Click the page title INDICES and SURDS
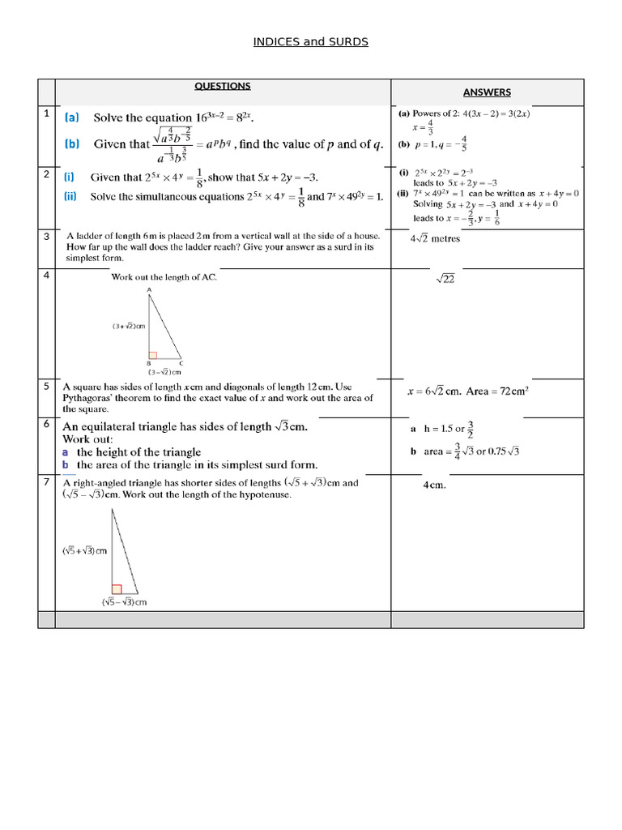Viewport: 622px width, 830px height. tap(311, 41)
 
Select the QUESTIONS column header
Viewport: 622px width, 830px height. tap(223, 86)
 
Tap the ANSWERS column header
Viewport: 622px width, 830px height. tap(487, 92)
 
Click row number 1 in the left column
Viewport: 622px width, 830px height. tap(47, 113)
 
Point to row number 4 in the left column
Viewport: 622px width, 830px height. tap(47, 276)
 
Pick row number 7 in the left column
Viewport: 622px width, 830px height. tap(47, 482)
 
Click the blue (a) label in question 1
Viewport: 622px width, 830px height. tap(72, 118)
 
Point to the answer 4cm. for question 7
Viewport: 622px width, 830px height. tap(435, 486)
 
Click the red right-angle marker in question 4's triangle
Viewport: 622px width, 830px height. tap(151, 354)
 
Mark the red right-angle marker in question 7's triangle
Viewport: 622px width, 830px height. tap(117, 589)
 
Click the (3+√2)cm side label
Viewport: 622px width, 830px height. tap(129, 327)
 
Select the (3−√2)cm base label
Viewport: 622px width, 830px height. tap(164, 372)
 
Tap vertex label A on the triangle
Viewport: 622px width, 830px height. tap(149, 289)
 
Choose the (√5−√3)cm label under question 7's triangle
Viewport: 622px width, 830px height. tap(124, 602)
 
